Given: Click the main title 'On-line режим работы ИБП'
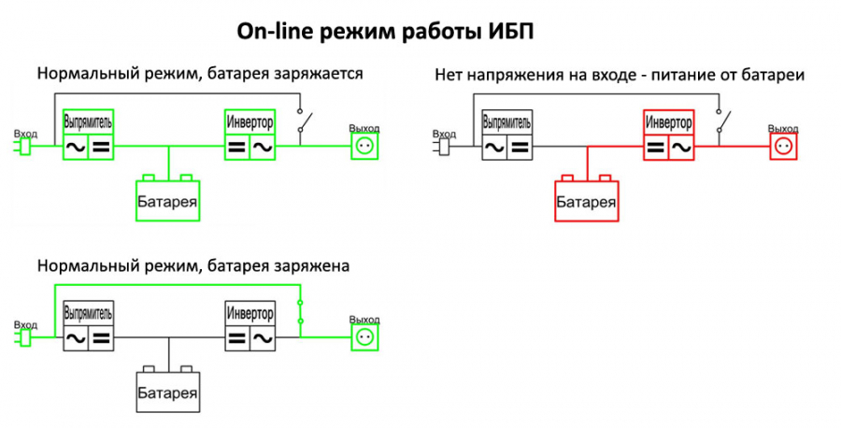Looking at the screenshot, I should click(386, 32).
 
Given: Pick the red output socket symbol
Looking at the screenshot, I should click(782, 147).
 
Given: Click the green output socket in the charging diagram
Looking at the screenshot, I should click(364, 147).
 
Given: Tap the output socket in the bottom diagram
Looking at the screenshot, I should click(364, 337).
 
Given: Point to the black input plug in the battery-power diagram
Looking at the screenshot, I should click(444, 147).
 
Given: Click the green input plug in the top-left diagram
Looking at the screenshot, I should click(25, 147).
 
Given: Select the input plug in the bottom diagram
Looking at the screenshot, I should click(25, 337).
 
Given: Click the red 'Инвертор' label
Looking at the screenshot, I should click(669, 122).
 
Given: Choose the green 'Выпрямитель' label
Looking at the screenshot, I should click(88, 122).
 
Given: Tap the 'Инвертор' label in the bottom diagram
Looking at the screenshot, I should click(249, 313).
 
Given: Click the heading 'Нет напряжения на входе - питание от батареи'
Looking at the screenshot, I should click(620, 74).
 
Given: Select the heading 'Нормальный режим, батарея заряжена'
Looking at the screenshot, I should click(193, 265).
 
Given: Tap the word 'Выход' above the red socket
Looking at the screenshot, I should click(782, 128).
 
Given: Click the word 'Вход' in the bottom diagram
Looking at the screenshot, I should click(25, 324).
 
